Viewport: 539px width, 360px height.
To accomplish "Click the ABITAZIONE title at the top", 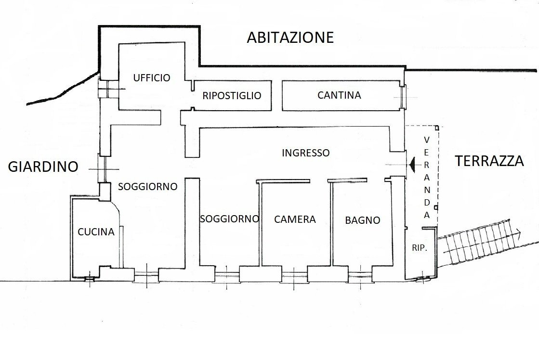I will (290, 38).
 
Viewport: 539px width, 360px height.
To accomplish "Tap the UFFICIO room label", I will (152, 77).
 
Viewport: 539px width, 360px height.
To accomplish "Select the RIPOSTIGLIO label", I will (232, 95).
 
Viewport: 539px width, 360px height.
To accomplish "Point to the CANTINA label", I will (339, 95).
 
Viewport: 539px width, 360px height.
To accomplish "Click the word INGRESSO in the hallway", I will (305, 153).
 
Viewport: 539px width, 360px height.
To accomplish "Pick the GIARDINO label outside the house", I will (43, 167).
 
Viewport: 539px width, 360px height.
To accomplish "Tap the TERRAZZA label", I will (489, 161).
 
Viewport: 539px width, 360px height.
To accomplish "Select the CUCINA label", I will (96, 232).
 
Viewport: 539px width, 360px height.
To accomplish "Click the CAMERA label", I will (295, 219).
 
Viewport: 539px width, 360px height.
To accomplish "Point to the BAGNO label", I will (362, 220).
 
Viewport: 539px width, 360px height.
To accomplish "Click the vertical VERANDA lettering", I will (427, 178).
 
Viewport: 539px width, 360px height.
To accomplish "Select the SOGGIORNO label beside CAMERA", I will (229, 219).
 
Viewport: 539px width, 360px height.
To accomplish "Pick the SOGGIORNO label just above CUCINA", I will (147, 186).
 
